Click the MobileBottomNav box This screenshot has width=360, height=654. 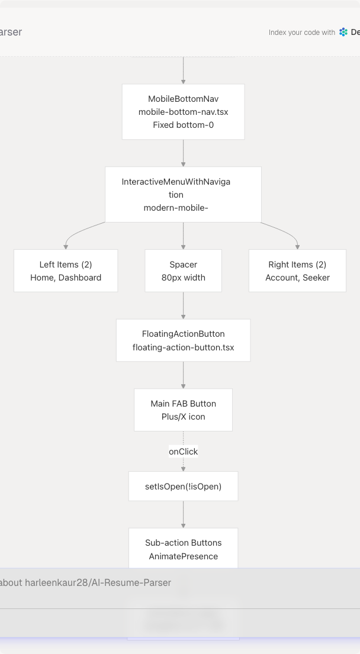(183, 111)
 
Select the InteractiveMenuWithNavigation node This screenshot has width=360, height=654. (183, 194)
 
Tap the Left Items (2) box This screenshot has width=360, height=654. (66, 270)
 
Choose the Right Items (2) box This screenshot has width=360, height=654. (297, 270)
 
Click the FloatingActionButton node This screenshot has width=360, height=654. (183, 340)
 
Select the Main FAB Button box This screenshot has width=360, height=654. (183, 410)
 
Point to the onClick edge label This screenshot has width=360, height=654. (183, 452)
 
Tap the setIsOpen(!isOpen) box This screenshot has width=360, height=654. (183, 487)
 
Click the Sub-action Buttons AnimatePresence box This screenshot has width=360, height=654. (183, 549)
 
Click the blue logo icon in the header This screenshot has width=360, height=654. (343, 33)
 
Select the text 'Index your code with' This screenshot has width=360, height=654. (301, 33)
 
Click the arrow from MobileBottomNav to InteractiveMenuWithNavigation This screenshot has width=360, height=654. (183, 153)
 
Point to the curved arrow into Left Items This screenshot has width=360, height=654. (77, 234)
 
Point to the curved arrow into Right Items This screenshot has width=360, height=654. (287, 233)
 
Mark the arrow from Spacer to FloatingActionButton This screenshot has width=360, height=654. (183, 305)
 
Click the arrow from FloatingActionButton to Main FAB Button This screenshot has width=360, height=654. (183, 375)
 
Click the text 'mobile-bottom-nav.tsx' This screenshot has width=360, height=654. (183, 112)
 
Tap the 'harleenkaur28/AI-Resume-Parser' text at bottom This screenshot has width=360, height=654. (98, 582)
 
